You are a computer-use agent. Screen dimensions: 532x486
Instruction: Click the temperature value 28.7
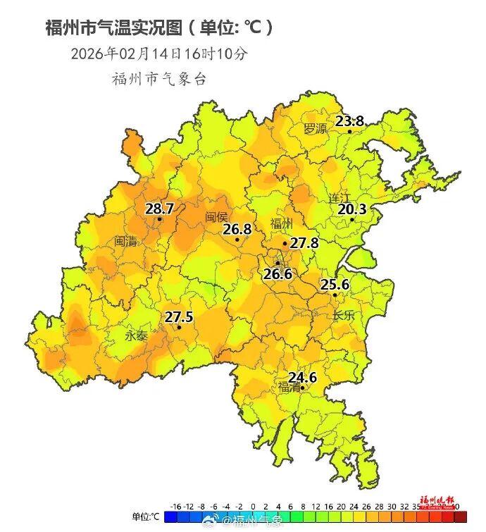(x=159, y=209)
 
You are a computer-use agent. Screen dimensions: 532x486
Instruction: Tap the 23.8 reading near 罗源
(x=349, y=121)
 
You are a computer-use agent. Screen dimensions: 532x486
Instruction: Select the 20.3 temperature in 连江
(x=352, y=209)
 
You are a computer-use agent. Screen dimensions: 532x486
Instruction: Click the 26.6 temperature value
(x=278, y=274)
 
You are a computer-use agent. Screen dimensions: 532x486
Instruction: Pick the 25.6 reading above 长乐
(x=335, y=285)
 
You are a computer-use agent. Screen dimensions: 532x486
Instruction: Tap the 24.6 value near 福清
(x=302, y=378)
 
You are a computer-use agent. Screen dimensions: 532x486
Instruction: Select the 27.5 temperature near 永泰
(x=179, y=317)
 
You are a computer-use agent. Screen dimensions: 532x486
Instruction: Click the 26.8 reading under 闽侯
(x=237, y=230)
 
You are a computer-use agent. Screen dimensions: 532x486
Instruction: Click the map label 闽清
(x=126, y=241)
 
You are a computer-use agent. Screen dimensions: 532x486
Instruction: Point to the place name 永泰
(x=137, y=336)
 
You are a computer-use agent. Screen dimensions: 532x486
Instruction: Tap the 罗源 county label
(x=315, y=129)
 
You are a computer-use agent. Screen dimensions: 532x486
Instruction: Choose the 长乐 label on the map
(x=343, y=316)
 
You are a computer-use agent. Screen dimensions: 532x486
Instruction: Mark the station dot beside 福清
(x=303, y=388)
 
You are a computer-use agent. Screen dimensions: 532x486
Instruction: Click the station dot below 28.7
(x=160, y=219)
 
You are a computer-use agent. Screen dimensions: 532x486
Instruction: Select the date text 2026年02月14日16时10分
(x=159, y=54)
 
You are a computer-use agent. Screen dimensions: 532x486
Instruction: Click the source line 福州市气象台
(x=159, y=79)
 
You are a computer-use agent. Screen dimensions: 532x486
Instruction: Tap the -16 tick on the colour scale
(x=176, y=507)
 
